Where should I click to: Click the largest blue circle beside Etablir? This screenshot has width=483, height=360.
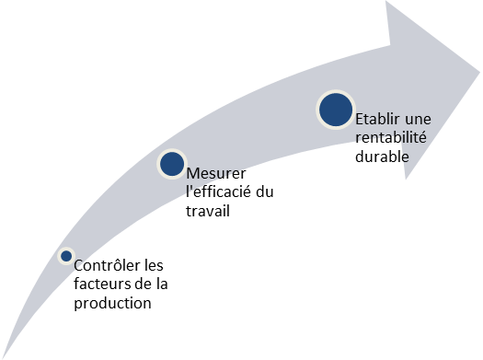[x=335, y=110]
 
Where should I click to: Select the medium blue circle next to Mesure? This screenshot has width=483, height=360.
[x=172, y=164]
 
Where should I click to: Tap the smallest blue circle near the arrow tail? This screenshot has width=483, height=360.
[x=66, y=255]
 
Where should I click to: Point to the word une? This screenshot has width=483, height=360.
[x=418, y=120]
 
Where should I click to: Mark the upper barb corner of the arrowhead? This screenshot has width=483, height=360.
[x=386, y=3]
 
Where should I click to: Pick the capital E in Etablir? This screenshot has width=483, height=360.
[x=359, y=120]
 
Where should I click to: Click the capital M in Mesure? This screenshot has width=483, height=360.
[x=192, y=173]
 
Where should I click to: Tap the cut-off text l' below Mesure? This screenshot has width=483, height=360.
[x=189, y=190]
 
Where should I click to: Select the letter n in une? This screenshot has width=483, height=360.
[x=418, y=121]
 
